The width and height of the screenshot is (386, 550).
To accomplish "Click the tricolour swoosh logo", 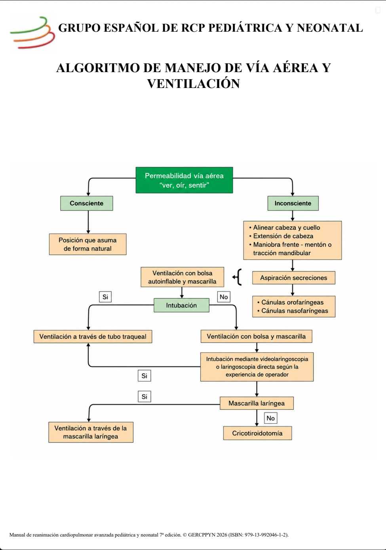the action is click(32, 32).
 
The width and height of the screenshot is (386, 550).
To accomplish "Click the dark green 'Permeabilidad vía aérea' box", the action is click(184, 180).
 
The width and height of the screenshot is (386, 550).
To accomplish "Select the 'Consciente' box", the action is click(87, 203).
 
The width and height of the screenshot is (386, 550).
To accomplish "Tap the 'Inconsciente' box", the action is click(293, 203).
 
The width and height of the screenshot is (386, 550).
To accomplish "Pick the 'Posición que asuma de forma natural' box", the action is click(87, 244).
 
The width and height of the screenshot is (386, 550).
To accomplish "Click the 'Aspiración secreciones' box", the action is click(294, 278).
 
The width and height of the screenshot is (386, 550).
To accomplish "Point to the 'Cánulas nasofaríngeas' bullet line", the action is click(293, 311).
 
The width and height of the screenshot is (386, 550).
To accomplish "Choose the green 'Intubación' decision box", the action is click(182, 305).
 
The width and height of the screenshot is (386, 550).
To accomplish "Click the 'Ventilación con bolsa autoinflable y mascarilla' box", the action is click(183, 277).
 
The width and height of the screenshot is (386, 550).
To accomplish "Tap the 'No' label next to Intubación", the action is click(224, 297).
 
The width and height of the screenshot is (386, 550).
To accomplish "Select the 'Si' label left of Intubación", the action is click(105, 297).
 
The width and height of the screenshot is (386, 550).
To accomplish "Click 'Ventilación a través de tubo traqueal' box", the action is click(93, 336).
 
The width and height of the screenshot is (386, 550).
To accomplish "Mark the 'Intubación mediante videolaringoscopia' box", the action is click(257, 367).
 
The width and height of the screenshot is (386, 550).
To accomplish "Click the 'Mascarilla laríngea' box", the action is click(257, 403).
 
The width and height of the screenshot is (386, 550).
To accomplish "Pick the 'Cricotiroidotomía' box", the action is click(257, 433).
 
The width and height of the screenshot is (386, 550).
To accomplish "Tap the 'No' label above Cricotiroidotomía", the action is click(271, 418).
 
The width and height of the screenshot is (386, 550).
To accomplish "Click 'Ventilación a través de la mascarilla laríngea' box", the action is click(91, 432).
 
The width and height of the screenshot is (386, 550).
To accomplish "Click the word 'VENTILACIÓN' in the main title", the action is click(193, 84).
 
